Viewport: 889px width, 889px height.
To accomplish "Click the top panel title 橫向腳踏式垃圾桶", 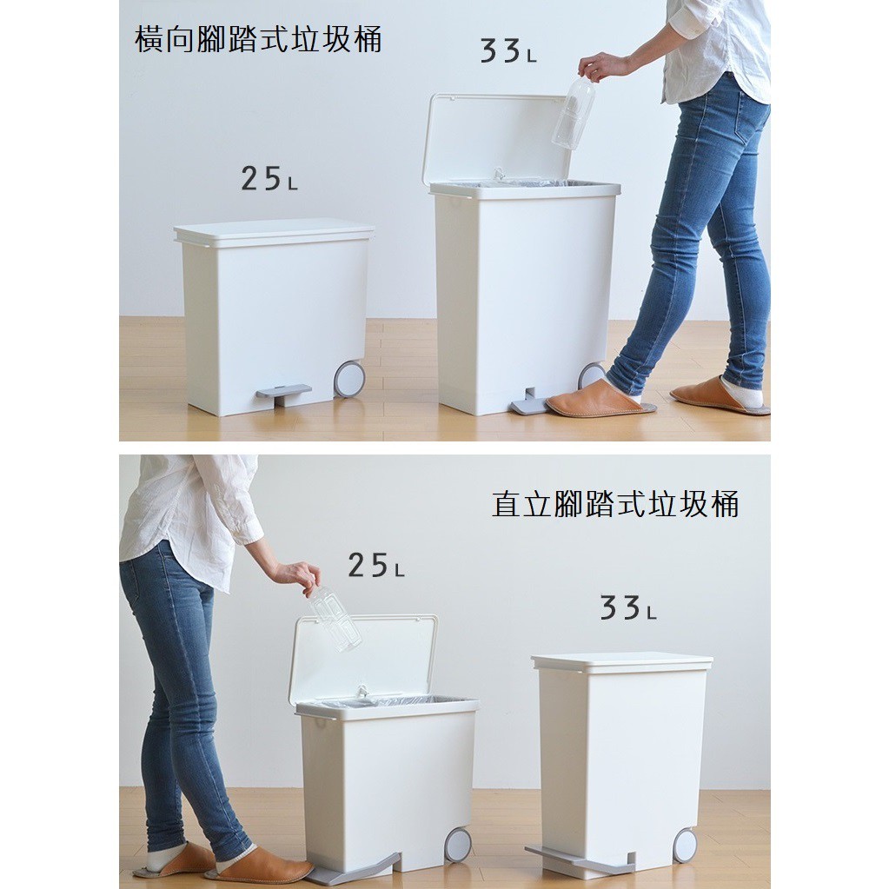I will [x=258, y=40].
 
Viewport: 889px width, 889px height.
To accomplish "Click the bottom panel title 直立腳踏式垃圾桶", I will [x=615, y=504].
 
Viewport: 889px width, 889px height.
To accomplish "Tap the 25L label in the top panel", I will [x=269, y=179].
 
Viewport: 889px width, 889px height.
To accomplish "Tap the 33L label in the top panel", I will [x=508, y=52].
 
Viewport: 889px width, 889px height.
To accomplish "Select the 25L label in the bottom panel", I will [x=375, y=566].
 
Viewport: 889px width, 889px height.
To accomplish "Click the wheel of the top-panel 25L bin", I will [x=349, y=380].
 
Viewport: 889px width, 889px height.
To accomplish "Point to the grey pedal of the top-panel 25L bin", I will [x=283, y=393].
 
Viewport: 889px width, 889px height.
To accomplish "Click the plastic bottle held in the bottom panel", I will [x=335, y=618].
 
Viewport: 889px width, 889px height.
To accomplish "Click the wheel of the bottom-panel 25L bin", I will [x=458, y=845].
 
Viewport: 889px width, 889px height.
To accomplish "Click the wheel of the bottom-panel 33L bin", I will [x=685, y=846].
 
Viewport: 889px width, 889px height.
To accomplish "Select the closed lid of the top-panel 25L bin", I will [x=274, y=231].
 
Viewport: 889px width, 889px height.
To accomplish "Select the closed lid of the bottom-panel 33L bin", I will [x=622, y=661].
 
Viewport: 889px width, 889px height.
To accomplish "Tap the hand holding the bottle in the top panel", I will [x=602, y=65].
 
